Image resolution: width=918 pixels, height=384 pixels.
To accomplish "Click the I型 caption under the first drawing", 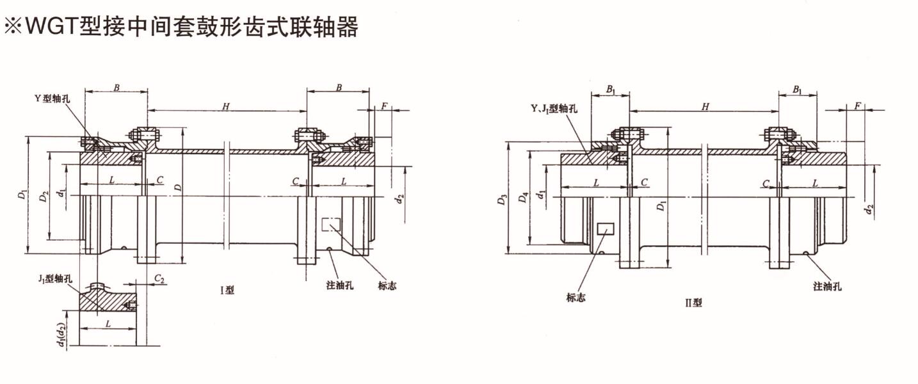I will (227, 290).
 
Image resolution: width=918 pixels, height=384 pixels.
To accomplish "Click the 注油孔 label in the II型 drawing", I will (827, 286).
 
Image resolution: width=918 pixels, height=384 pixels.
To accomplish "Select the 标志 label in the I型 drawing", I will (387, 285).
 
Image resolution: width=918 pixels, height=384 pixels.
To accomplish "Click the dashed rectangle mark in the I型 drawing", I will (331, 225).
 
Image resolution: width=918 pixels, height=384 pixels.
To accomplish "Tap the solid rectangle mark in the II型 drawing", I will (605, 228).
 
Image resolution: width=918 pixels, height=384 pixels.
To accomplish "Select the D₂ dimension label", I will (43, 196).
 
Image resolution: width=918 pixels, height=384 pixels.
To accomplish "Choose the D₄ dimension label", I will (523, 198).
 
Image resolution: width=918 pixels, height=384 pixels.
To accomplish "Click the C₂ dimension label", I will (160, 279).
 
